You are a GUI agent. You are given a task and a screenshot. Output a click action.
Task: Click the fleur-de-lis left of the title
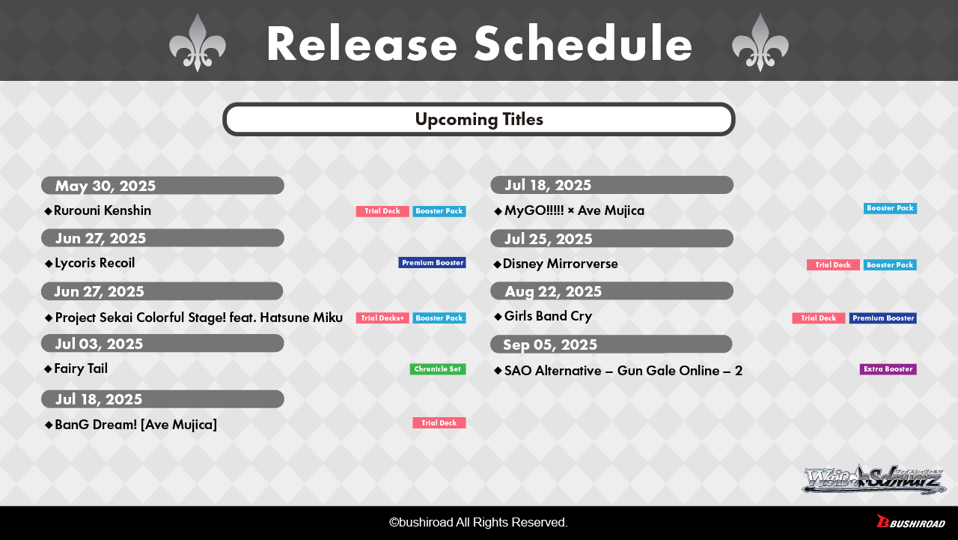click(197, 43)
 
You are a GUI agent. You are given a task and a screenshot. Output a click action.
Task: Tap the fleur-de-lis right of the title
click(760, 43)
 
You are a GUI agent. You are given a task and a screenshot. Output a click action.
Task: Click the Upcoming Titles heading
click(479, 119)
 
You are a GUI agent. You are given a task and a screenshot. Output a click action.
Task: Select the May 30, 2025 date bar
click(162, 185)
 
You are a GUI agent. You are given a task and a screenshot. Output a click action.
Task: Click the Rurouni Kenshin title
click(103, 210)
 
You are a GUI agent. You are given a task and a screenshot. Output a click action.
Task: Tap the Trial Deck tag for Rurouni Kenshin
click(382, 211)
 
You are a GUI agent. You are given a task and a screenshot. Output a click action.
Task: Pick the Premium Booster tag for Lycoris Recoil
click(432, 263)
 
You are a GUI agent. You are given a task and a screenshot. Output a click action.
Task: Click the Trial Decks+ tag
click(382, 318)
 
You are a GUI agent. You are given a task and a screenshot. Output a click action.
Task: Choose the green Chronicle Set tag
click(438, 368)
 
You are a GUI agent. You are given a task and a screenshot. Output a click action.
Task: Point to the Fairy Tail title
click(81, 368)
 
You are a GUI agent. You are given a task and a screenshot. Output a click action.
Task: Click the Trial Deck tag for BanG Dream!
click(439, 422)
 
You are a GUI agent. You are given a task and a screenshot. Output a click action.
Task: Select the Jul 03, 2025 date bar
click(162, 344)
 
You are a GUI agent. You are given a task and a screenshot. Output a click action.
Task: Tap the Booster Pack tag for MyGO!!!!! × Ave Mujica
click(890, 208)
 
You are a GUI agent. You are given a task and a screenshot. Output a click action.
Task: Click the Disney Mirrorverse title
click(561, 264)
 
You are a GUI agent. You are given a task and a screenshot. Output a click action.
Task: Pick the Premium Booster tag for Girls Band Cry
click(882, 318)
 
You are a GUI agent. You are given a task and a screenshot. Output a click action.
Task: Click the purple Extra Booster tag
click(888, 368)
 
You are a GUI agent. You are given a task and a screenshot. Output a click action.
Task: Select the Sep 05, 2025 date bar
click(611, 344)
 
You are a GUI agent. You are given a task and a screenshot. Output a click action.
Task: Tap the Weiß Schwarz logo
click(873, 479)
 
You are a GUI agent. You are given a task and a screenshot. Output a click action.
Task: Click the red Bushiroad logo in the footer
click(911, 521)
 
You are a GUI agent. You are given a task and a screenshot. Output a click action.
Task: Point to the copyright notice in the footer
click(478, 523)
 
